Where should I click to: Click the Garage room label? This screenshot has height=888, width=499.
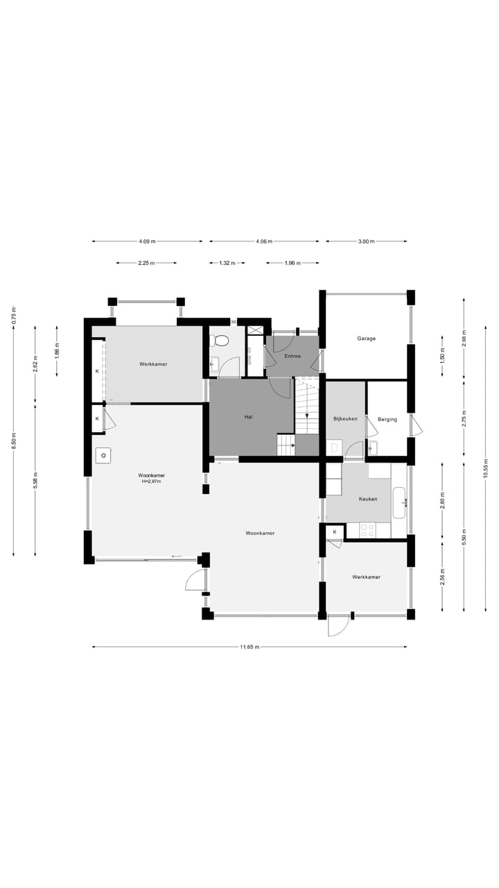[366, 339]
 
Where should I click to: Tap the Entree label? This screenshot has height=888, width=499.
[292, 356]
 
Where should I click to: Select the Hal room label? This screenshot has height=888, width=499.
[248, 417]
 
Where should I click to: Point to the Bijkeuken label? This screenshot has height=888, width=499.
[345, 419]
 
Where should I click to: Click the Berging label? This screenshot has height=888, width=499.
[387, 419]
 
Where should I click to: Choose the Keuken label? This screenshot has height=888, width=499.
[367, 499]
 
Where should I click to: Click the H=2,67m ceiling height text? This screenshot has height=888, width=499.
[151, 481]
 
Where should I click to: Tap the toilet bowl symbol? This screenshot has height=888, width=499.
[221, 341]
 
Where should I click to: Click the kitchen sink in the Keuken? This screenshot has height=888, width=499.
[399, 502]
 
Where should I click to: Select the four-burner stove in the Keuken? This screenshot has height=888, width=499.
[367, 530]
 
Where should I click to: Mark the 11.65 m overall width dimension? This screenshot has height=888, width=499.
[249, 647]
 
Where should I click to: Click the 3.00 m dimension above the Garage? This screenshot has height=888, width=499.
[366, 241]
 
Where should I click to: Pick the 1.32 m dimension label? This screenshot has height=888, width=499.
[227, 263]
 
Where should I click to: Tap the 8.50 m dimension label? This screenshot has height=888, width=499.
[13, 441]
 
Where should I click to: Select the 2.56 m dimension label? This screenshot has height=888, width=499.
[441, 577]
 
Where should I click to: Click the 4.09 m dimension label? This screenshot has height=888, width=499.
[147, 241]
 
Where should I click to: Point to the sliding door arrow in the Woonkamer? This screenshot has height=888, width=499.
[177, 556]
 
